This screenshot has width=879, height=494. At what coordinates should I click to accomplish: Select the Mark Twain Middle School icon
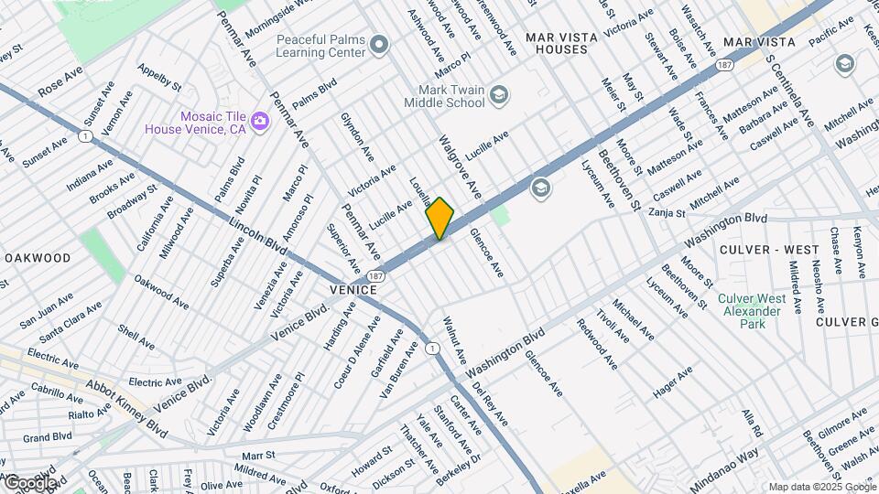[498, 95]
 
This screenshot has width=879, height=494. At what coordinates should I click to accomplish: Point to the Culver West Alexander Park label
[751, 311]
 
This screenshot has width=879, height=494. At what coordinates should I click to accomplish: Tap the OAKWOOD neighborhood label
[37, 258]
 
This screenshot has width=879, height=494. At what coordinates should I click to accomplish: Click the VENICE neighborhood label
[353, 290]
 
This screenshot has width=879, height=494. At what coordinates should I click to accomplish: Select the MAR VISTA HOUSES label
[561, 43]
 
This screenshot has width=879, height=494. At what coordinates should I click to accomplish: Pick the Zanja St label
[667, 213]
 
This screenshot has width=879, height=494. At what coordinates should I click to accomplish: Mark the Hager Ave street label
[673, 382]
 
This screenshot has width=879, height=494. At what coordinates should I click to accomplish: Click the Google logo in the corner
[30, 482]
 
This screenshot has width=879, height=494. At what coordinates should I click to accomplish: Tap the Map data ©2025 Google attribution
[821, 487]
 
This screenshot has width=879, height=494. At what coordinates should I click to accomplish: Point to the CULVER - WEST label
[756, 250]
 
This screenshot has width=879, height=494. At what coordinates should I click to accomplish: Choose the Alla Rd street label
[751, 422]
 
